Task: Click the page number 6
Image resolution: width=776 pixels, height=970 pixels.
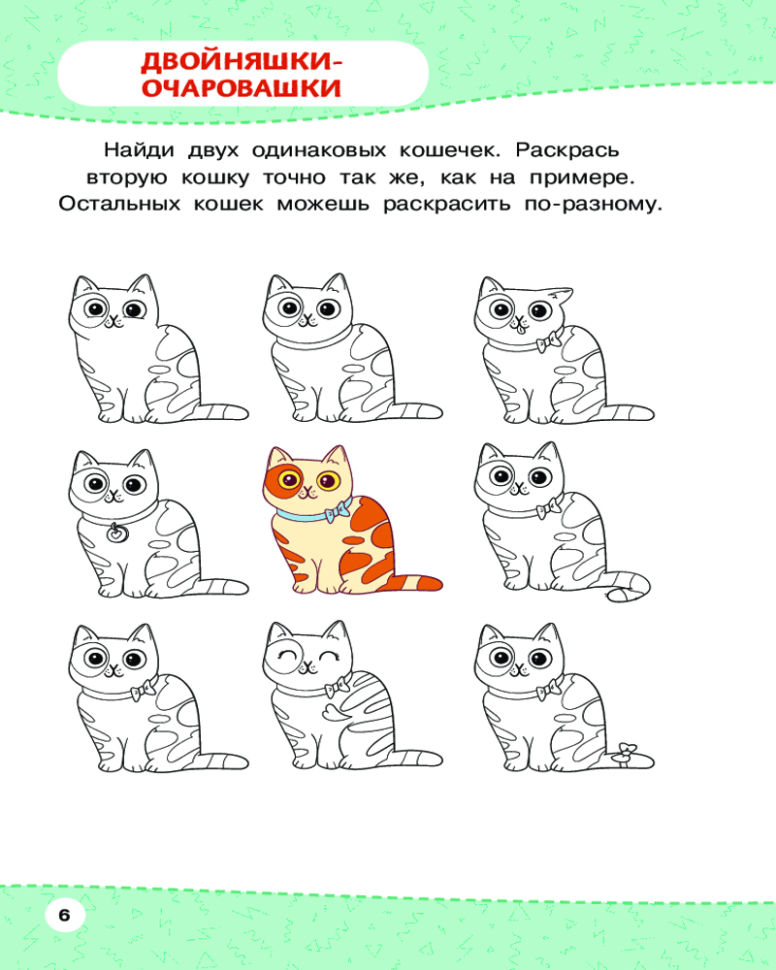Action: (64, 915)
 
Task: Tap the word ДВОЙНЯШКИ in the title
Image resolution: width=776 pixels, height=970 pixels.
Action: (242, 62)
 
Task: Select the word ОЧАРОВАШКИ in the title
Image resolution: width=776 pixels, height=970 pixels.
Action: (242, 88)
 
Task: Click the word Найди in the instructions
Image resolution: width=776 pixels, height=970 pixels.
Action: (140, 150)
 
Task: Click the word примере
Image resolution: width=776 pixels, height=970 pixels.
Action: (582, 178)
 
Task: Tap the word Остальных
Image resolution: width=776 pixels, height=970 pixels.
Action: (119, 204)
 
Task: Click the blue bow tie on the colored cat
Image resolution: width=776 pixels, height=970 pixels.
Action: (338, 511)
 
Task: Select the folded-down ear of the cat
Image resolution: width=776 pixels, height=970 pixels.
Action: (561, 295)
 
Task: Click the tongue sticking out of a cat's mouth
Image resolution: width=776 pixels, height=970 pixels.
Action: (520, 329)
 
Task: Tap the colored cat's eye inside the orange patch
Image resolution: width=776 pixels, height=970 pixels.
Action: (289, 479)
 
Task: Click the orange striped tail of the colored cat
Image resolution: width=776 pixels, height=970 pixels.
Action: (413, 581)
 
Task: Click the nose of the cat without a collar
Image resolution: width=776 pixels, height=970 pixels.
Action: (112, 319)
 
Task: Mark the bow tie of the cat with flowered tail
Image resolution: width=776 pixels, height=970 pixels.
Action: (549, 689)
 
